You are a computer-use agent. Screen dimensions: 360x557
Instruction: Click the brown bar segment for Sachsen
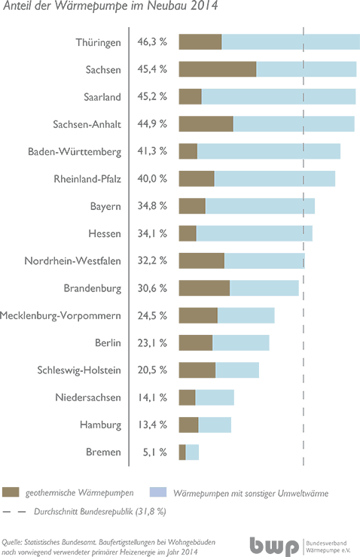218,69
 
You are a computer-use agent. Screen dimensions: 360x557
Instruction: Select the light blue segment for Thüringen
291,42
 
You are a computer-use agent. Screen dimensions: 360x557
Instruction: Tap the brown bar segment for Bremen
182,452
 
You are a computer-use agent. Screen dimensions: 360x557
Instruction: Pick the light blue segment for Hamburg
215,425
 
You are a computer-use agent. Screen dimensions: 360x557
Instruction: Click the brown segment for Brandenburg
204,288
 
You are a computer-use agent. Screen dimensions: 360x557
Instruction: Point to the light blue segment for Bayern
260,206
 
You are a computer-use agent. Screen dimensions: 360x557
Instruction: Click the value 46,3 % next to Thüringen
152,42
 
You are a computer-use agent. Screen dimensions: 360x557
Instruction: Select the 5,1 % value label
154,452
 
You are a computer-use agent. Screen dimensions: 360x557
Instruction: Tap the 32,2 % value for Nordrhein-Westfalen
152,260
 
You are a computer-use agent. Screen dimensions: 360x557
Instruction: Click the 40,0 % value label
152,178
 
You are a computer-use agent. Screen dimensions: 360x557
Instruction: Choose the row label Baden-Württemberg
75,152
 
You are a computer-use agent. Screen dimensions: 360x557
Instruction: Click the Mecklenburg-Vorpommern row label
60,316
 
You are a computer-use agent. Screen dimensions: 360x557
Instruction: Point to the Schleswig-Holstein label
79,370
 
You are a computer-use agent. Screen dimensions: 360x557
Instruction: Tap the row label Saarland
102,97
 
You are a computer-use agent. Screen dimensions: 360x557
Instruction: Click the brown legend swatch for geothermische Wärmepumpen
11,492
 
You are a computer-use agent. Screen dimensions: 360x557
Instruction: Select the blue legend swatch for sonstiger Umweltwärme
158,492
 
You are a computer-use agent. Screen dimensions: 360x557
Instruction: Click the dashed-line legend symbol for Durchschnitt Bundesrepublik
14,512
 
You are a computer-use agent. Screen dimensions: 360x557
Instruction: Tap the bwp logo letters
274,546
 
